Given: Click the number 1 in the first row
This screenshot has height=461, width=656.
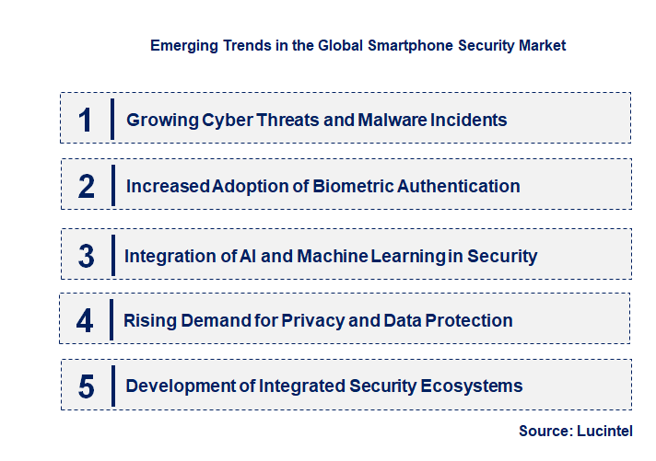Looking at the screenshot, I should click(x=86, y=120).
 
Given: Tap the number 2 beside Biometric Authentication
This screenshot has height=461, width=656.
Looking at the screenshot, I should click(x=87, y=187).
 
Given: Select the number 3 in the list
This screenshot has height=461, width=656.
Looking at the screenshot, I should click(x=86, y=256).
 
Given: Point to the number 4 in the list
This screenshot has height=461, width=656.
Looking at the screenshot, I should click(x=85, y=321).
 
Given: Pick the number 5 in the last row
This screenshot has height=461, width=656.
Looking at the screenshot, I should click(x=86, y=386).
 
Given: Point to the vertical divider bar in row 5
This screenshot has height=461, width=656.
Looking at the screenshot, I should click(x=111, y=385).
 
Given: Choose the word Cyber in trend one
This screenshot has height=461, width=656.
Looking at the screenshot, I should click(x=221, y=120).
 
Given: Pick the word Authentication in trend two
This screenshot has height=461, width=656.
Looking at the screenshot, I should click(x=459, y=186).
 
